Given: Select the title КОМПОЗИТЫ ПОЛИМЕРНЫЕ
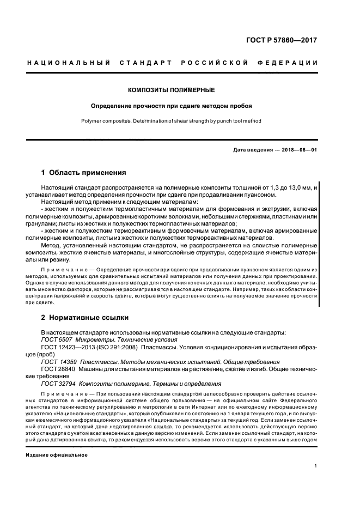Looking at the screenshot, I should coord(171,89).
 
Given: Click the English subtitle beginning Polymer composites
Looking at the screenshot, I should coord(171,121).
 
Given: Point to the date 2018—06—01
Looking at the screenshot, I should coord(296,150).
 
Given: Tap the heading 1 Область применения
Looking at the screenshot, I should coord(84,173).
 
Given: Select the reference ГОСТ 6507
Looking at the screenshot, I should coord(56,339).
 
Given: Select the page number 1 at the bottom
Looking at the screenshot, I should coord(316,466).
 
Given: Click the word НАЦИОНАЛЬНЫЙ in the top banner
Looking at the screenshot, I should coord(69,63).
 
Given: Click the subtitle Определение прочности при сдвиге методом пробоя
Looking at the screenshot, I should coord(171,105).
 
